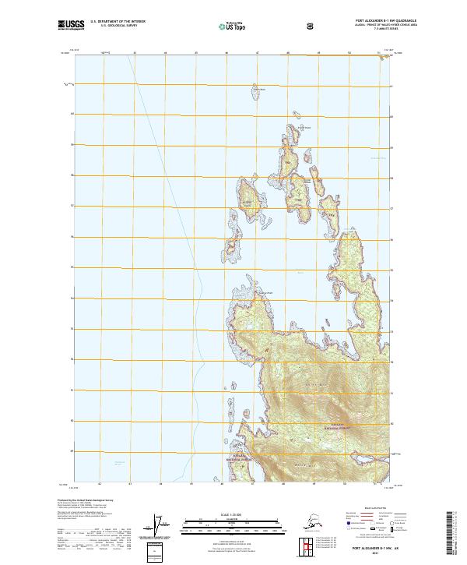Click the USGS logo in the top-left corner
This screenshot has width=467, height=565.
[x=70, y=26]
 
